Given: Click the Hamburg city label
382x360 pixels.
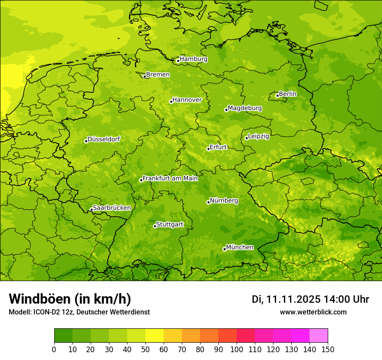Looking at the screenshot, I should [x=194, y=59].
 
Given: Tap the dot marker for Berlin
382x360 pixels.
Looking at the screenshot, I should [x=277, y=95].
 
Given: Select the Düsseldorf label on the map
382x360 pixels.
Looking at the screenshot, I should [x=104, y=139].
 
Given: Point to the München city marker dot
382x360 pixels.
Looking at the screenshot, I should [x=224, y=249].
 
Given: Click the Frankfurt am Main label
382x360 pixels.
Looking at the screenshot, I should [x=170, y=178].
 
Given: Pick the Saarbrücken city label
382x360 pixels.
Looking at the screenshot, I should [x=112, y=208].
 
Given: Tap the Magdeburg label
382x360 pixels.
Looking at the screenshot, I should [x=245, y=108].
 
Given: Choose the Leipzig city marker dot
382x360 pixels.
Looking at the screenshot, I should [x=247, y=138].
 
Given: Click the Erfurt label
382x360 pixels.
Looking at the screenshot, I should [x=218, y=147].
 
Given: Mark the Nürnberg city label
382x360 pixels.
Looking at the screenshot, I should [x=224, y=201].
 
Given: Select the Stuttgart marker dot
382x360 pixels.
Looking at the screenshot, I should [x=155, y=226].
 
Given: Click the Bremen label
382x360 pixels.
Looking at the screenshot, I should [x=158, y=75].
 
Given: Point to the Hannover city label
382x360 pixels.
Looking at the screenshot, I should [x=187, y=100].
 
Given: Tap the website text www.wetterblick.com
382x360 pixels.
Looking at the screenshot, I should [x=313, y=312].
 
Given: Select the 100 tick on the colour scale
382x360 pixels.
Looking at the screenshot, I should [x=237, y=349].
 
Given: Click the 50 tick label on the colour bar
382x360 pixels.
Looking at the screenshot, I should [x=145, y=349].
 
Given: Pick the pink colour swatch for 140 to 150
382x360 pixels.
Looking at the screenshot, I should [x=319, y=336].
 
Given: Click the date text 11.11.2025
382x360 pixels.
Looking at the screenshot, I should [x=293, y=299].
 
